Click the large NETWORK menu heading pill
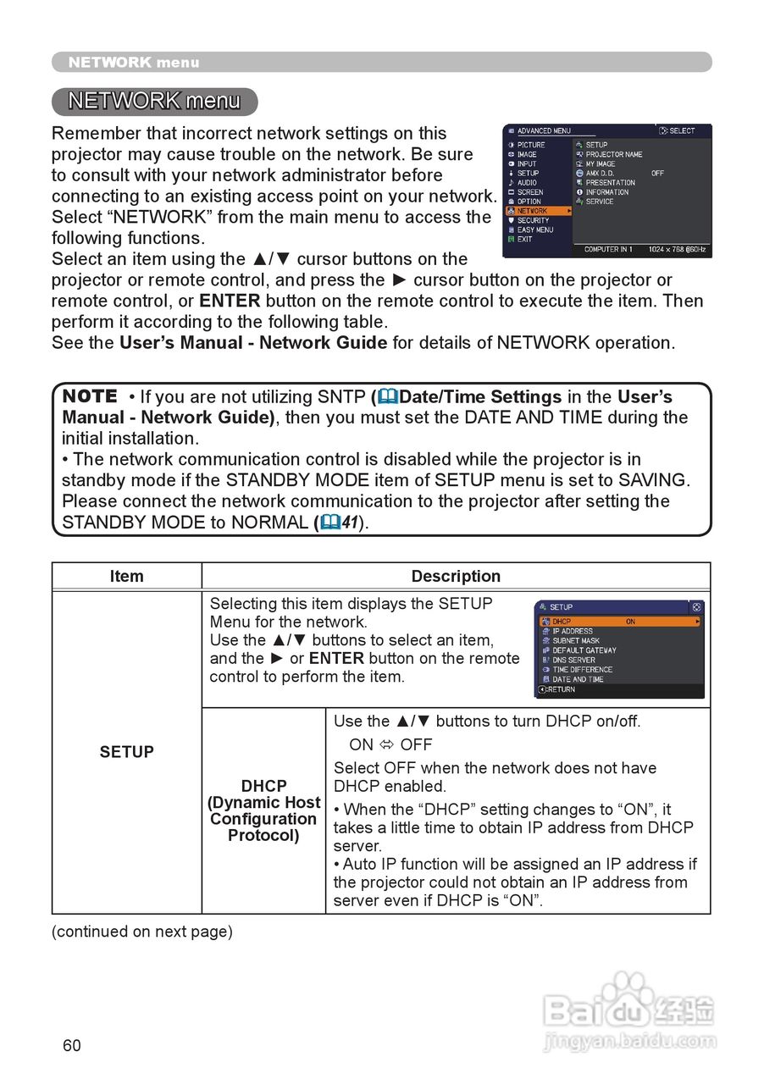[154, 102]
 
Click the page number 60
[72, 1045]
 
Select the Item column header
[126, 576]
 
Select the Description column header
[456, 576]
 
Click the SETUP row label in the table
[126, 752]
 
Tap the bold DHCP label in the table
[263, 786]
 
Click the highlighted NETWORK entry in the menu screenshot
[534, 211]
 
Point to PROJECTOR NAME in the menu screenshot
[613, 154]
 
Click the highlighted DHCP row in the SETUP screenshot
[618, 622]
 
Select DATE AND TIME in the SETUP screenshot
[578, 679]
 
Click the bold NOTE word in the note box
[90, 396]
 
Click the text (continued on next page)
[141, 932]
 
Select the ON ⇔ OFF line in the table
[390, 744]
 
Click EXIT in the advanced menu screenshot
[525, 239]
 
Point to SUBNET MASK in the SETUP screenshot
[575, 641]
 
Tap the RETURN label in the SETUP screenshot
[560, 689]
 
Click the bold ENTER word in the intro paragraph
[230, 301]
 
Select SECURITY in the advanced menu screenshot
[533, 220]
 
